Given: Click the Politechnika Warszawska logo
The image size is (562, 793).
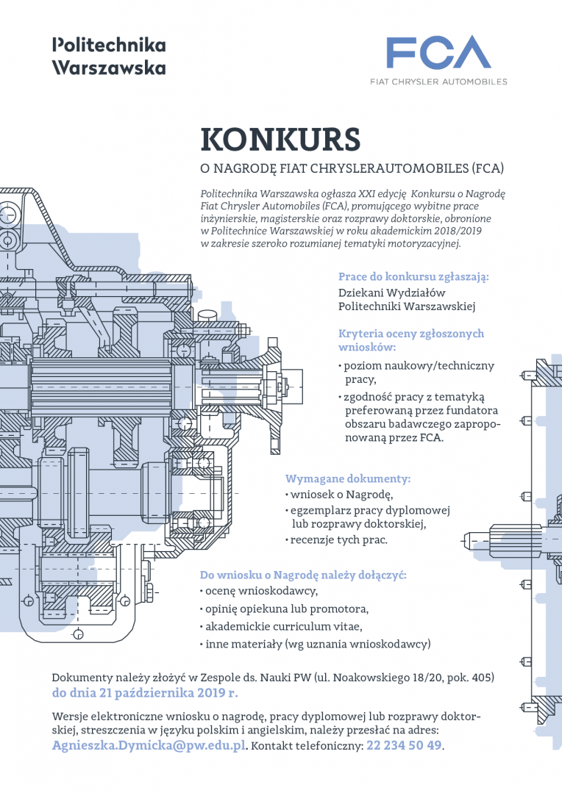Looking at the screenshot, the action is pos(109,56).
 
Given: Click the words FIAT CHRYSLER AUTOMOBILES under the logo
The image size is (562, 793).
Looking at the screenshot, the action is pos(438,82).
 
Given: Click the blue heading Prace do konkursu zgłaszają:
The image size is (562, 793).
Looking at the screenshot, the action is pos(413,276).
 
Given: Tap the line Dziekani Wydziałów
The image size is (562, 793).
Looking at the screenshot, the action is pos(392,293).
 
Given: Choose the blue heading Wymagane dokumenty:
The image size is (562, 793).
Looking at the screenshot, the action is pos(348,478).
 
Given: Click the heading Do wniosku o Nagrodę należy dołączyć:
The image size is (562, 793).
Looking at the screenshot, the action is pos(303,575).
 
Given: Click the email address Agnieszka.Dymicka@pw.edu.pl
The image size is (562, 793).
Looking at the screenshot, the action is pos(149,745).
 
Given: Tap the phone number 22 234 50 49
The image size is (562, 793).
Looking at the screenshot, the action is pos(404,745).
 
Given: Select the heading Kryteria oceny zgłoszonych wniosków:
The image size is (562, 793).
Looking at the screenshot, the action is pos(411,340).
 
